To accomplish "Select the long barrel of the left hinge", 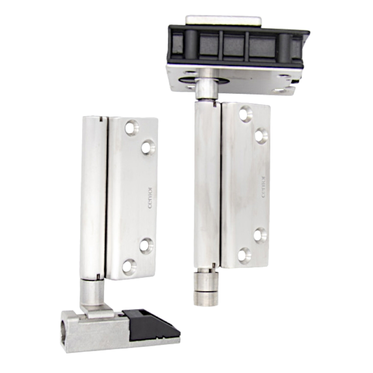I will [x=93, y=198].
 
